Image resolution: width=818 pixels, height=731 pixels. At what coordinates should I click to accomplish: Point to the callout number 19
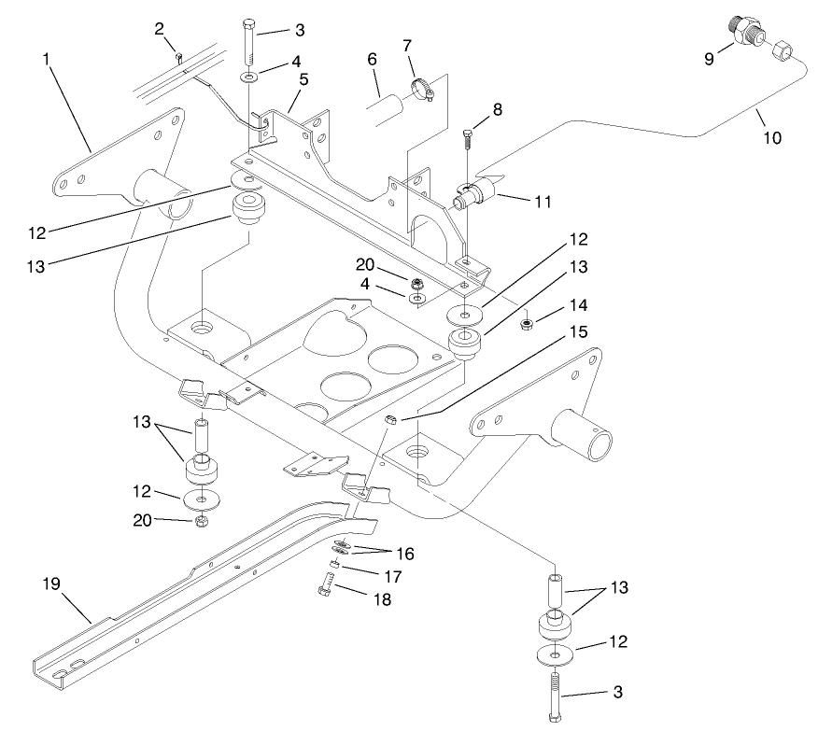click(x=51, y=583)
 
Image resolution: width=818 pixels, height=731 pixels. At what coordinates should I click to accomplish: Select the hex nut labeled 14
click(x=526, y=323)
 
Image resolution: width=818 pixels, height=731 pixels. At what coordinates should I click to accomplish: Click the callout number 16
click(x=404, y=554)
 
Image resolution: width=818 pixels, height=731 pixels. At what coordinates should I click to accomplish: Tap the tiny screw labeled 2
click(x=177, y=57)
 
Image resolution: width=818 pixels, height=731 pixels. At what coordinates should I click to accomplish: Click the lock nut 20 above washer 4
click(x=416, y=281)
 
